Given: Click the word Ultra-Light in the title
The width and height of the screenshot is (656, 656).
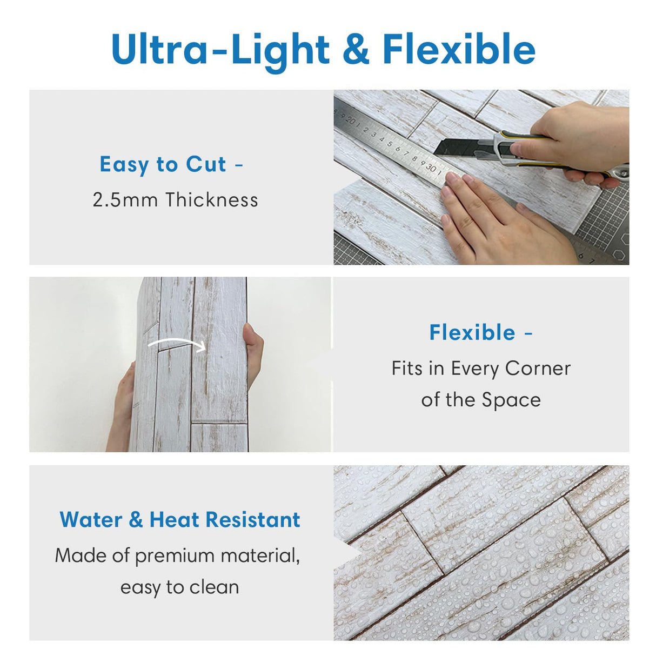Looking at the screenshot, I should (x=220, y=50).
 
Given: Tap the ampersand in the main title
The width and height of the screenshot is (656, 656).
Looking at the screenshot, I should (x=356, y=50).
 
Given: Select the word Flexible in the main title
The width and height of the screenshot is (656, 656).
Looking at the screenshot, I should (x=459, y=50).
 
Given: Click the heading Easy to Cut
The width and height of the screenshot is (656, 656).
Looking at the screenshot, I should (x=163, y=164).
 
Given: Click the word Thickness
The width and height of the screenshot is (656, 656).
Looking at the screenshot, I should (x=212, y=200).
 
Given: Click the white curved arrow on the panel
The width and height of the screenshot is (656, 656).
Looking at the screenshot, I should (x=177, y=345).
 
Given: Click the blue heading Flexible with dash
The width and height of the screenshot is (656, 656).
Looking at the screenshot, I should (x=481, y=332).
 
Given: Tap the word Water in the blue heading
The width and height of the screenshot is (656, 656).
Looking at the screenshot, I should (x=91, y=520).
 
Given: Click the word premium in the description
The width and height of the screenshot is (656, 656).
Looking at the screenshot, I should (x=173, y=555).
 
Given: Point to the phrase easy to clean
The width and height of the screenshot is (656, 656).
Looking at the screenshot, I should (x=179, y=587).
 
